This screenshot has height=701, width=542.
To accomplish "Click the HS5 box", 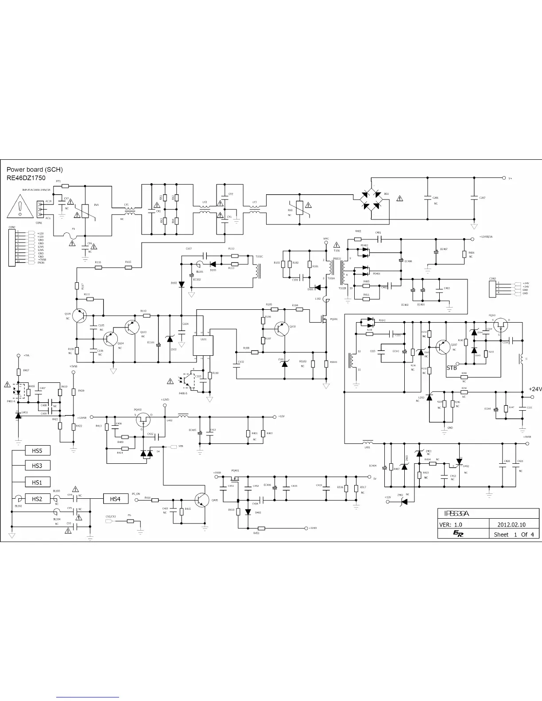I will (x=37, y=451).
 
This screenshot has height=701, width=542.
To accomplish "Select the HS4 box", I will (x=115, y=499).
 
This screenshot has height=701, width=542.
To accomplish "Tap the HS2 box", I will (x=37, y=499).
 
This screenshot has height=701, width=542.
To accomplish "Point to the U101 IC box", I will (x=203, y=345).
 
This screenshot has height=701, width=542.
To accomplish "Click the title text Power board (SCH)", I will (x=35, y=169).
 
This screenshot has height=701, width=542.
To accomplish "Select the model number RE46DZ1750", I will (x=26, y=178).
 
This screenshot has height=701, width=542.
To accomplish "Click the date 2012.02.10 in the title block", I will (x=511, y=524).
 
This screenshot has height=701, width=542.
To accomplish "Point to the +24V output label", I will (x=535, y=389).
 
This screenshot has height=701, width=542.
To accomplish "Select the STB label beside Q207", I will (x=452, y=368).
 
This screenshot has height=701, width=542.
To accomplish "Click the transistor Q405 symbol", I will (x=203, y=499).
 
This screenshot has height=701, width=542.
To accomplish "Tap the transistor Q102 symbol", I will (x=281, y=328).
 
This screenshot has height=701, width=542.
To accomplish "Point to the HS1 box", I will (x=37, y=482).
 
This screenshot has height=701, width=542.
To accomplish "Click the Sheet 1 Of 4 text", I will (x=514, y=535).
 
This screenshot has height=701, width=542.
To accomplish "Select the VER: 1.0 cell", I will (x=450, y=524).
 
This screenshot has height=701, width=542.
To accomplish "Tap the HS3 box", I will (x=37, y=466).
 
